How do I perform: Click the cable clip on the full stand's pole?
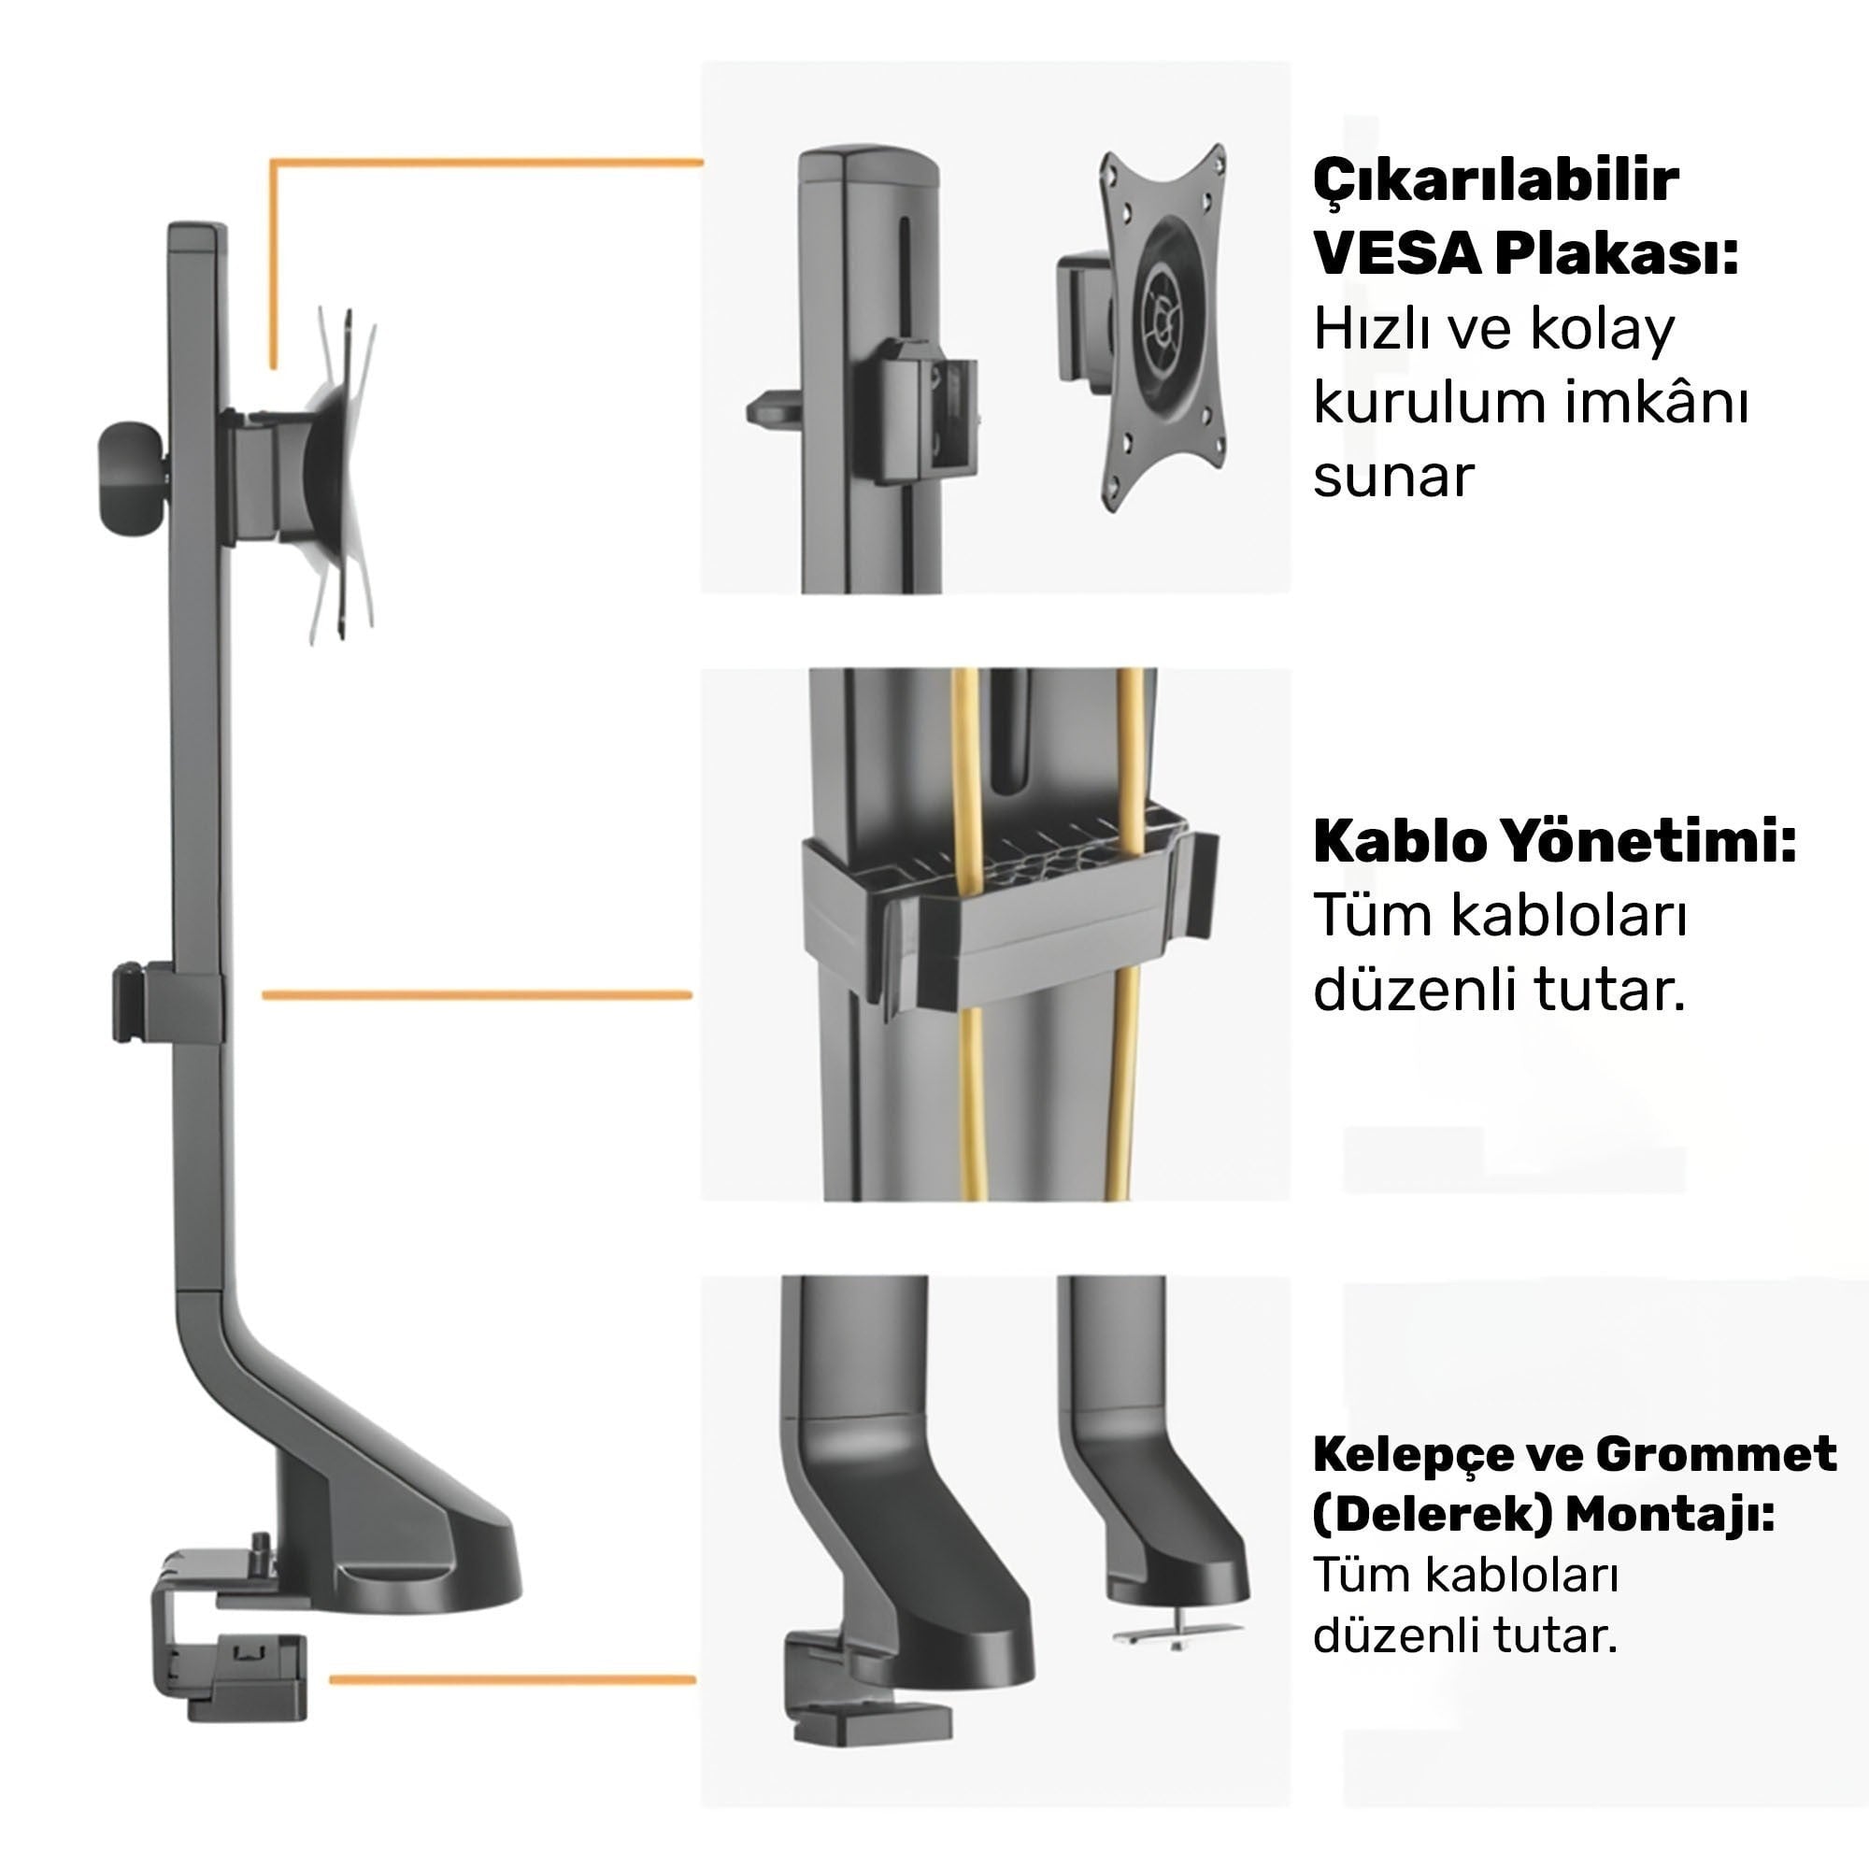pyautogui.click(x=167, y=1002)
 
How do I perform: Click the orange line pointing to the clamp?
pyautogui.click(x=513, y=1680)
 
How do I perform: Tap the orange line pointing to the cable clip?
pyautogui.click(x=478, y=994)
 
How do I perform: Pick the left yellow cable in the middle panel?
pyautogui.click(x=969, y=934)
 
